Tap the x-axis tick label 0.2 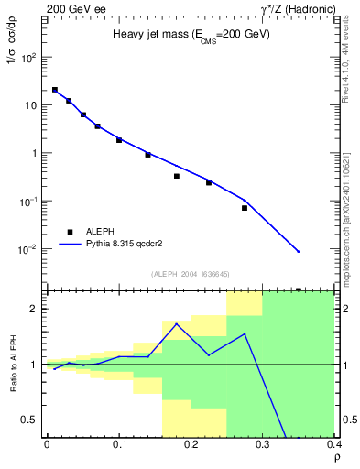[x=191, y=443]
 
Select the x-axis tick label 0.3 [x=263, y=443]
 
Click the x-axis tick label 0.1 [x=118, y=443]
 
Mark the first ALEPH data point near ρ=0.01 [x=54, y=90]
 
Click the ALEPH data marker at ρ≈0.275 [x=245, y=208]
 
